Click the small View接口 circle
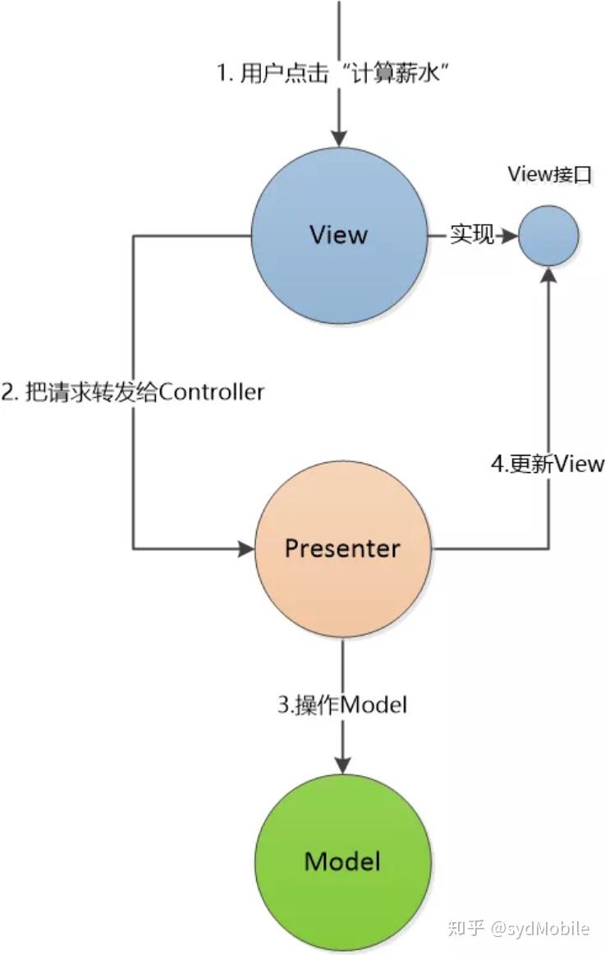[x=548, y=236]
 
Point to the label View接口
[x=549, y=174]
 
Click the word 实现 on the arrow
[x=472, y=236]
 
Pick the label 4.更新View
[x=548, y=463]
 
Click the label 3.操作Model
[x=341, y=705]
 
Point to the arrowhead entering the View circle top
[x=339, y=139]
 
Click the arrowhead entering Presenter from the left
[x=245, y=549]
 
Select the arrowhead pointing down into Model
[x=342, y=763]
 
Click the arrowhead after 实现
[x=509, y=236]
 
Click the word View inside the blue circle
[x=339, y=236]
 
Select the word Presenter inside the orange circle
[x=342, y=549]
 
